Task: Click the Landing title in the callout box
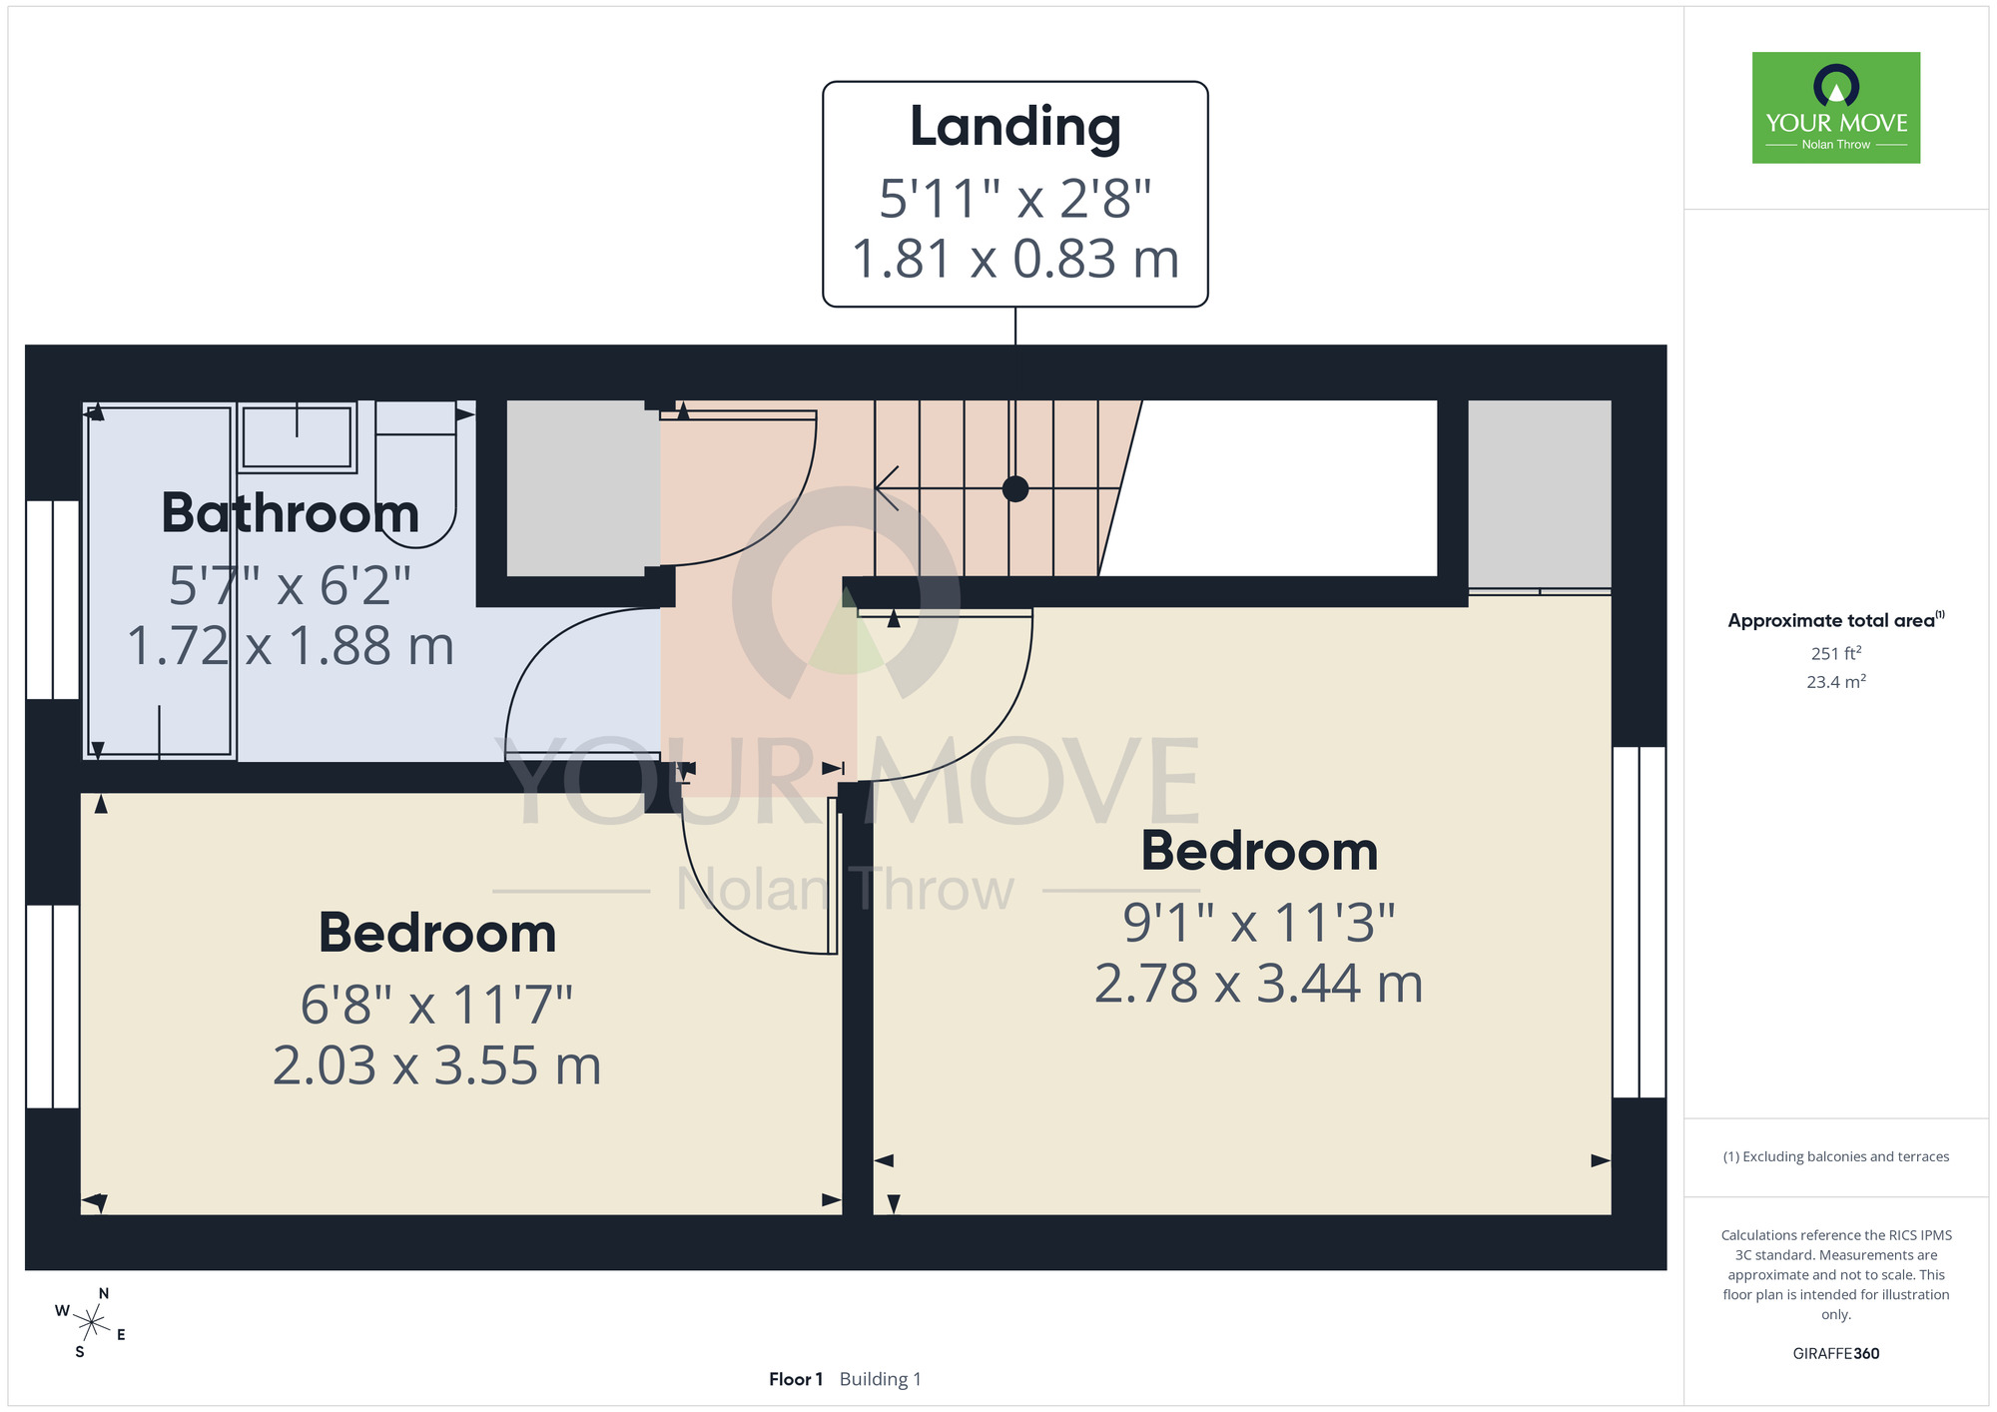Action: pyautogui.click(x=1014, y=128)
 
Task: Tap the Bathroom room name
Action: pyautogui.click(x=290, y=513)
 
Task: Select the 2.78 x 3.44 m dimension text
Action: pyautogui.click(x=1259, y=984)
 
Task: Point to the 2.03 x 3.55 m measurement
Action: pyautogui.click(x=437, y=1065)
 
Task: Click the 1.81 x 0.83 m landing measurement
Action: pyautogui.click(x=1015, y=259)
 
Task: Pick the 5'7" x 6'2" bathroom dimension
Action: pyautogui.click(x=290, y=585)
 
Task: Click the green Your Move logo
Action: pyautogui.click(x=1836, y=108)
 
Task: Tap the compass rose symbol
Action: pyautogui.click(x=91, y=1323)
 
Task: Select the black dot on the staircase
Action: pyautogui.click(x=1015, y=489)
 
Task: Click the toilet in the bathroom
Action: pyautogui.click(x=415, y=475)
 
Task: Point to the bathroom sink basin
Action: pyautogui.click(x=297, y=436)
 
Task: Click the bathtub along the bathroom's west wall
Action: pyautogui.click(x=160, y=581)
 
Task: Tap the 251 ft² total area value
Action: pyautogui.click(x=1836, y=653)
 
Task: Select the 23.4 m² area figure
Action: pyautogui.click(x=1836, y=682)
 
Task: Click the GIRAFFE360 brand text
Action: pyautogui.click(x=1836, y=1354)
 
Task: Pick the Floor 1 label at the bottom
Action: pyautogui.click(x=796, y=1379)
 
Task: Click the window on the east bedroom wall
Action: pyautogui.click(x=1640, y=923)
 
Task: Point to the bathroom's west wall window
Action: pyautogui.click(x=52, y=599)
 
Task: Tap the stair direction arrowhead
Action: pyautogui.click(x=887, y=488)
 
